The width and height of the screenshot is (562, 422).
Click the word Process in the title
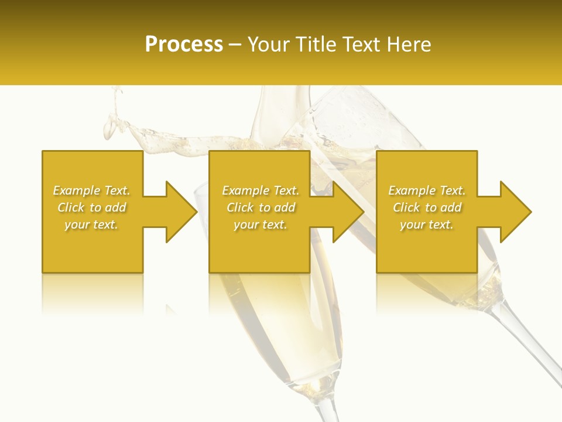point(184,45)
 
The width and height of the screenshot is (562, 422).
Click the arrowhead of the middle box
point(348,212)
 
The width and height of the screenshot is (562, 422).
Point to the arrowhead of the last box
point(515,212)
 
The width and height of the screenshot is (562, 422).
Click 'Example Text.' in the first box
point(91,190)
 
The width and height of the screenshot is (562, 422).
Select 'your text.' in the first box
point(91,224)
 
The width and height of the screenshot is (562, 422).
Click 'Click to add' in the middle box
point(261,207)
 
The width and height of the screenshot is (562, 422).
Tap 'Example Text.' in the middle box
point(261,190)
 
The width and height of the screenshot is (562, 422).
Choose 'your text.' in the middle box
point(261,224)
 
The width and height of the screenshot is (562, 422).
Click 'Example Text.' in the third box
point(427,190)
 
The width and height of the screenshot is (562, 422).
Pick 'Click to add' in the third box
point(427,207)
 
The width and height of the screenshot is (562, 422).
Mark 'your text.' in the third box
point(427,224)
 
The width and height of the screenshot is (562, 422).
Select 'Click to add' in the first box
point(91,207)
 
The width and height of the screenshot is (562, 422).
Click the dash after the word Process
point(235,45)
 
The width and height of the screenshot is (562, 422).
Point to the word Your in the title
point(268,45)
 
